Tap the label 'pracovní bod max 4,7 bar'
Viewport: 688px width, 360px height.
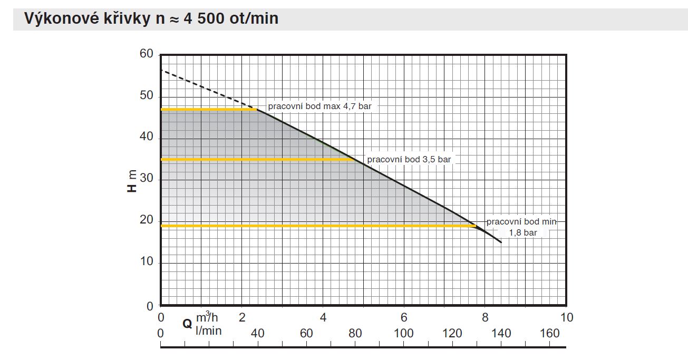(x=319, y=106)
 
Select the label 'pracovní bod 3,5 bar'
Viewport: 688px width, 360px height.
(x=409, y=159)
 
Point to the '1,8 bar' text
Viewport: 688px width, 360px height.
(x=522, y=232)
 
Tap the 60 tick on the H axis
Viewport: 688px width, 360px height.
(x=146, y=54)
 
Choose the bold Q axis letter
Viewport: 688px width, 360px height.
(x=187, y=324)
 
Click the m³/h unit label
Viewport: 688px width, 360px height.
(x=207, y=318)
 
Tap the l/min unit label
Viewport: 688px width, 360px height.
(x=208, y=330)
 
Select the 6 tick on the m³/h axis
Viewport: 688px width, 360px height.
(x=404, y=318)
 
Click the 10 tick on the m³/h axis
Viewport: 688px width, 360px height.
(x=567, y=318)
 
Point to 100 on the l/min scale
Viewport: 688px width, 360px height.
(x=404, y=333)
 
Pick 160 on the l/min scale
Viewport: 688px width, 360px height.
(x=550, y=333)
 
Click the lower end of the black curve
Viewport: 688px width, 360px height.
(x=500, y=241)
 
